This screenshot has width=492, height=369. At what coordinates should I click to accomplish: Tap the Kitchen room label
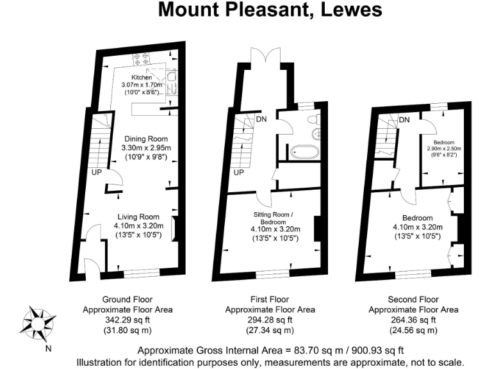click(x=142, y=78)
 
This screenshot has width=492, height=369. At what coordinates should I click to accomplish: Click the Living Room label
click(x=138, y=217)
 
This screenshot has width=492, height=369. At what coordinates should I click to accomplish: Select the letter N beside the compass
click(x=48, y=349)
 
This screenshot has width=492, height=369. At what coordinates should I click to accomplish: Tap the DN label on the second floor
click(x=404, y=120)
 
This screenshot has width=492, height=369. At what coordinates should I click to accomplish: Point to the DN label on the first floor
click(x=261, y=119)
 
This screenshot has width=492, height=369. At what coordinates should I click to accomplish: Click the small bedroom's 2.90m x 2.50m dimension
click(x=444, y=148)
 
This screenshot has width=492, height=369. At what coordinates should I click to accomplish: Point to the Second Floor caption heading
click(x=413, y=299)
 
